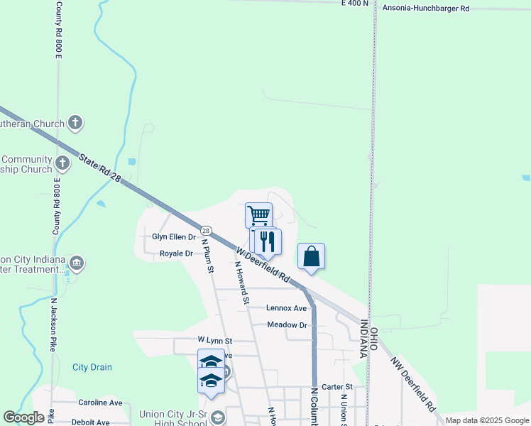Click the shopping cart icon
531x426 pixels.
258,214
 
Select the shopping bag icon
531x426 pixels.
312,256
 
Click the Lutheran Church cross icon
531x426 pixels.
75,123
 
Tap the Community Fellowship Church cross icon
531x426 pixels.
62,164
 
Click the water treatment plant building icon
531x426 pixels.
77,264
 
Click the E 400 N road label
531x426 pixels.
355,4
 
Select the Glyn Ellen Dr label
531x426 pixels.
174,237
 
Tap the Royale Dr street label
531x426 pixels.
176,253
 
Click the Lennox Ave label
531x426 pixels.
287,308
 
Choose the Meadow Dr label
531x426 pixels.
287,324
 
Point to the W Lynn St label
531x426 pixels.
215,341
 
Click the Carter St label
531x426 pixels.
332,387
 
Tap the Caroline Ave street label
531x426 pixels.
100,403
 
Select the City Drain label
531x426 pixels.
92,367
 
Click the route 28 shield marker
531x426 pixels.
206,231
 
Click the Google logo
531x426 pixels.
23,417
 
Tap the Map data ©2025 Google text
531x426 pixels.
486,420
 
